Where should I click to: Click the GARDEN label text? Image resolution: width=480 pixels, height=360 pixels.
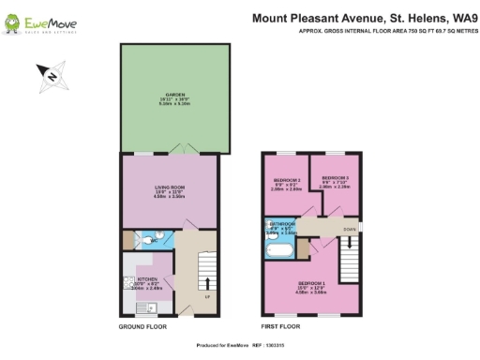175,96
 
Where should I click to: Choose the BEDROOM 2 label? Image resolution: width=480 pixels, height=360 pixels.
286,179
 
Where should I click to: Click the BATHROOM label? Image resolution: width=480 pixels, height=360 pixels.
282,225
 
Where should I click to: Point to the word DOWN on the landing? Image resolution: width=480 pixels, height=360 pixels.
349,228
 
